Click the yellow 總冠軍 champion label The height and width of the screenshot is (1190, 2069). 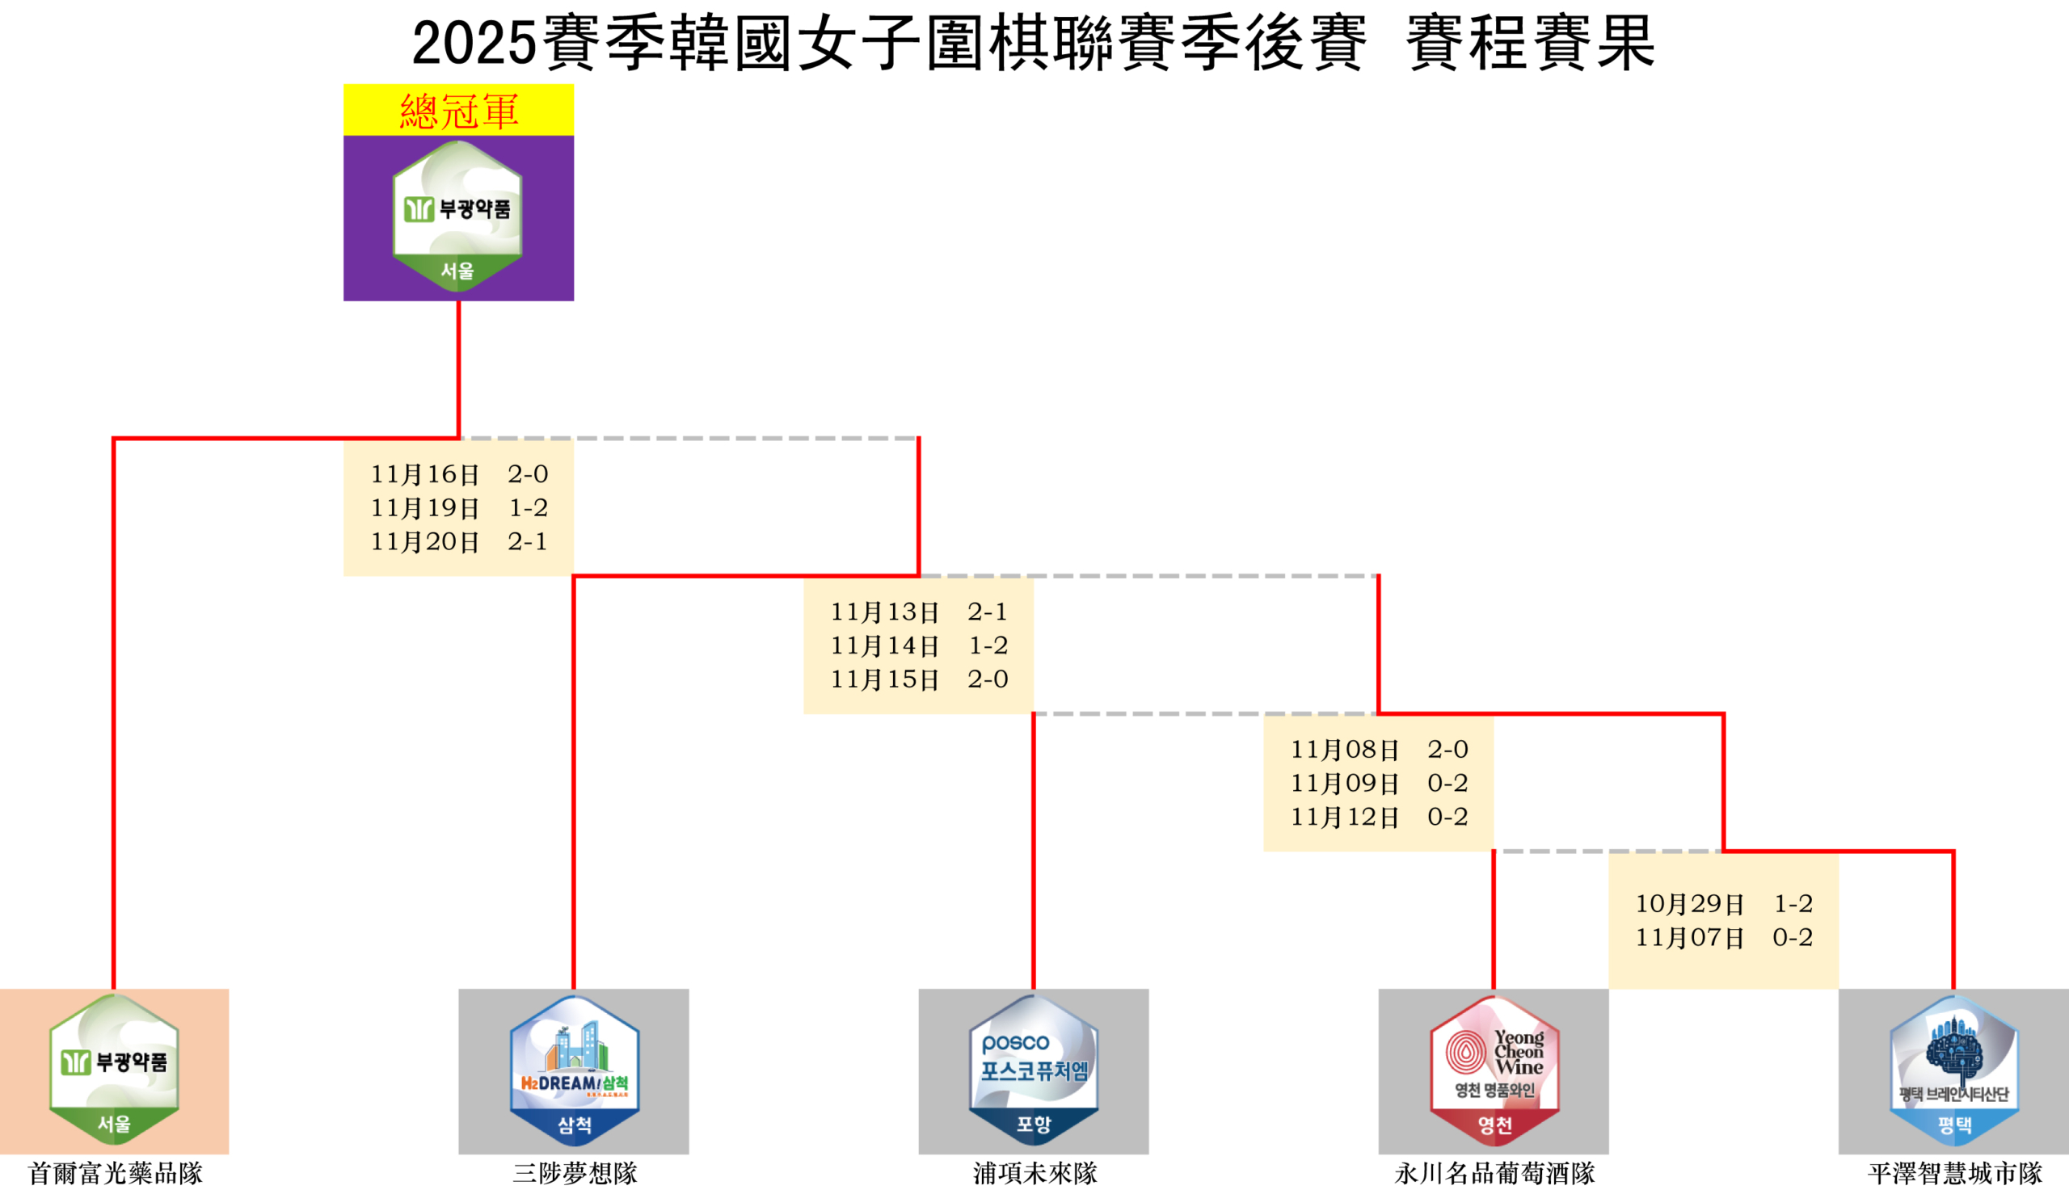coord(458,111)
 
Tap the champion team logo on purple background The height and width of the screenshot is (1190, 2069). coord(457,217)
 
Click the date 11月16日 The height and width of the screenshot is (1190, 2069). coord(425,474)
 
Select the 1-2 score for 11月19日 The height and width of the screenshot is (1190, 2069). coord(528,507)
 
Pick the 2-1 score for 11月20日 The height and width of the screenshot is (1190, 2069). coord(527,541)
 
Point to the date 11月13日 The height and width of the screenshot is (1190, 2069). coord(884,612)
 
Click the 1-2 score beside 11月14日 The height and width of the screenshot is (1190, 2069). coord(988,645)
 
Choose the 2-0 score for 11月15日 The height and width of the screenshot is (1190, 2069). coord(988,679)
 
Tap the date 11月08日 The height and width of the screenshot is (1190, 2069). coord(1345,749)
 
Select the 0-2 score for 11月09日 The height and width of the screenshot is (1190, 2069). coord(1447,782)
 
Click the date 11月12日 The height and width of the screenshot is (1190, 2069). coord(1345,817)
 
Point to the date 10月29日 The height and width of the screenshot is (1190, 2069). coord(1690,903)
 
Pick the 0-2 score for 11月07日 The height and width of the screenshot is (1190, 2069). coord(1793,936)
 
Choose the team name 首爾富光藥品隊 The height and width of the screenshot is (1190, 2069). coord(116,1173)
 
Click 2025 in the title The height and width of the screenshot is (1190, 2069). coord(474,43)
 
